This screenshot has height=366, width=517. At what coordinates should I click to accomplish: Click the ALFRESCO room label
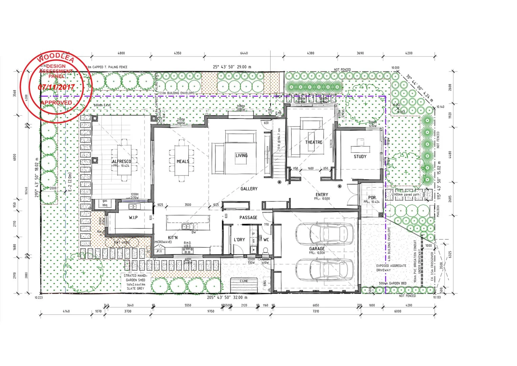click(121, 162)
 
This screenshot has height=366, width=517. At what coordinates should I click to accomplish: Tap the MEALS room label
click(183, 162)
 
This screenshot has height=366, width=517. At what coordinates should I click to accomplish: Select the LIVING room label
click(241, 156)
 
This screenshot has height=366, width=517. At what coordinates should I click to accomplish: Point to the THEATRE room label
click(314, 142)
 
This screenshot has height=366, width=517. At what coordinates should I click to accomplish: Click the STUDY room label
click(360, 157)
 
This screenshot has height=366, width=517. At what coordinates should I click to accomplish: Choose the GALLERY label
click(249, 189)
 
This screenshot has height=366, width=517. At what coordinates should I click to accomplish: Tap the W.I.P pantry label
click(133, 218)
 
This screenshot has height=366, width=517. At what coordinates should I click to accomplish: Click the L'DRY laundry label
click(239, 240)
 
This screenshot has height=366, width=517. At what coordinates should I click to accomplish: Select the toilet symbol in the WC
click(266, 251)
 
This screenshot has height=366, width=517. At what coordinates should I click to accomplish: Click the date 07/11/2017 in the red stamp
click(56, 87)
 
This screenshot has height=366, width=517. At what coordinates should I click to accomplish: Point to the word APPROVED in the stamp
click(56, 103)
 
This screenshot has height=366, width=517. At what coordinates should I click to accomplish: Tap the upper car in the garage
click(324, 233)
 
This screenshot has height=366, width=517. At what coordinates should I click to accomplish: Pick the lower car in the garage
click(324, 270)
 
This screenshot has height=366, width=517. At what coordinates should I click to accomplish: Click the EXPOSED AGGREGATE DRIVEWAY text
click(391, 268)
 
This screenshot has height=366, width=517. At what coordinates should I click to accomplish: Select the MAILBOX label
click(438, 211)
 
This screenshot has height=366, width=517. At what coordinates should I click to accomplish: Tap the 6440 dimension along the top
click(244, 53)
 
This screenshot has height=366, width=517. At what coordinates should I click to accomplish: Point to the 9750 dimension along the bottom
click(211, 311)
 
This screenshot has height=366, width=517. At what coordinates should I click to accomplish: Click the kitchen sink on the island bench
click(186, 226)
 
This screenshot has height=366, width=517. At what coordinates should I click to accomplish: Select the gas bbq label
click(105, 203)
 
